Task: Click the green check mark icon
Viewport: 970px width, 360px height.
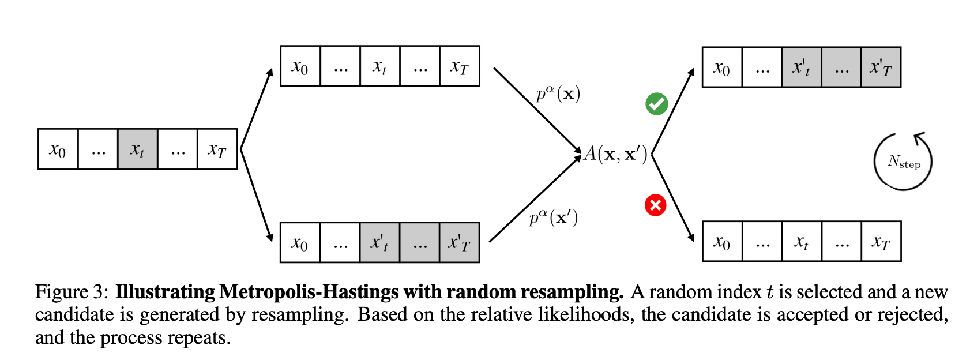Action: click(656, 104)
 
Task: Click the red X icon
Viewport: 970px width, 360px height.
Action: click(655, 205)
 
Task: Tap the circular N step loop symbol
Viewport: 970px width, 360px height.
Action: click(903, 162)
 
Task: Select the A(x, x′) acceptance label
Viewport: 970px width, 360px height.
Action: click(616, 154)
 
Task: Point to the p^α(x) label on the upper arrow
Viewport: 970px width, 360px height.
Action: click(558, 93)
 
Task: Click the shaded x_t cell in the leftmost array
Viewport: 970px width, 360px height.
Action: click(137, 149)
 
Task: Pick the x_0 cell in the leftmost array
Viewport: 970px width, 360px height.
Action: click(58, 149)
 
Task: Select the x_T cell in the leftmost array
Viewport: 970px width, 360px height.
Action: click(217, 149)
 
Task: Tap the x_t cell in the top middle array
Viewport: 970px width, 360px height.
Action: click(379, 66)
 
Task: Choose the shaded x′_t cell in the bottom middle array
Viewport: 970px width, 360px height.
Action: click(379, 243)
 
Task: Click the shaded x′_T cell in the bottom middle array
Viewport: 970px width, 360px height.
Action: click(459, 243)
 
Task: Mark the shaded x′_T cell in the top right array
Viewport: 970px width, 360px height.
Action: click(881, 67)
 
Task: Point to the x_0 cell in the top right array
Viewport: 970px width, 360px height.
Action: click(722, 67)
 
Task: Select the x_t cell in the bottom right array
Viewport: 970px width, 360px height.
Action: click(802, 242)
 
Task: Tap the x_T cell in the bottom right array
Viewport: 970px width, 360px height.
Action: click(881, 242)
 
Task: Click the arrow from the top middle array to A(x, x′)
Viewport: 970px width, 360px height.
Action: click(536, 110)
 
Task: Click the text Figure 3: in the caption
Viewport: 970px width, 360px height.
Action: click(72, 292)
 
